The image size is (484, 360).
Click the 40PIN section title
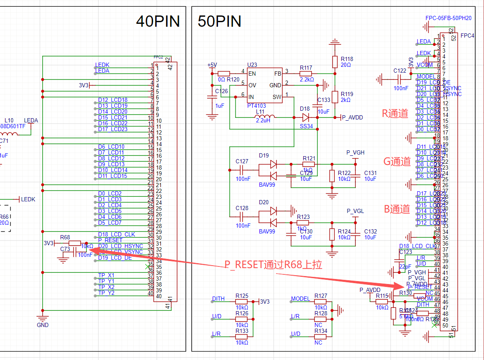(158, 21)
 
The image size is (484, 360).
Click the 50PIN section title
(219, 21)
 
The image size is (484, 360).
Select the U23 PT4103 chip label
(256, 106)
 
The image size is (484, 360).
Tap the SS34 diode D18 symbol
(306, 117)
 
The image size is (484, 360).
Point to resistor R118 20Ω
(334, 62)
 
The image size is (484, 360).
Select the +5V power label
(212, 65)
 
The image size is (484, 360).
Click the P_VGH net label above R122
(355, 152)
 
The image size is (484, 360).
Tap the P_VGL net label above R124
(355, 211)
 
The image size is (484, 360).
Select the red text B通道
(397, 209)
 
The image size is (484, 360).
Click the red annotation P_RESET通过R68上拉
(273, 264)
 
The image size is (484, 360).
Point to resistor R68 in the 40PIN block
(74, 243)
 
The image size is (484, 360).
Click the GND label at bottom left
(43, 325)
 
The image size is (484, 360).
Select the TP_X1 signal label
(106, 275)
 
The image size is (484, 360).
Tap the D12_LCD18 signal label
(113, 100)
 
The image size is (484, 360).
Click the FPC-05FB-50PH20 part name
(448, 18)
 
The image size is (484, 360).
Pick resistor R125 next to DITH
(241, 301)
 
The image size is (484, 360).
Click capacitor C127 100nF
(242, 170)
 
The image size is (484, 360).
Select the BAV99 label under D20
(267, 231)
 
